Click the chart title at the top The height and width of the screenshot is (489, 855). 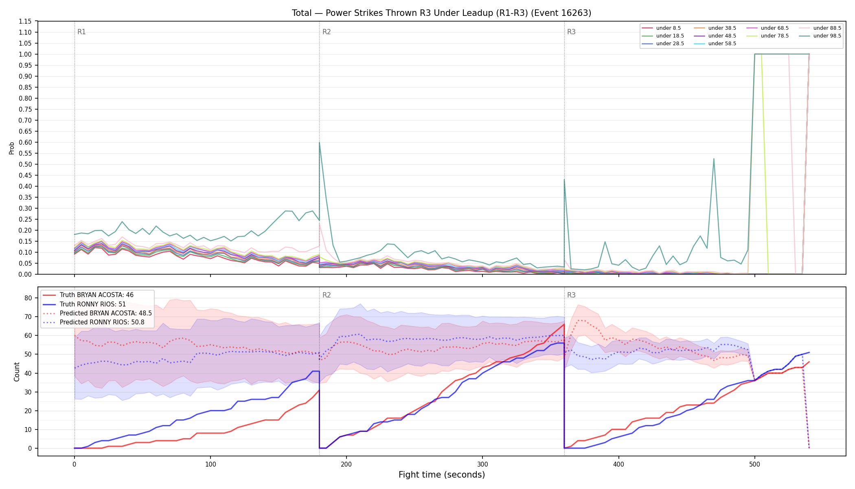coord(441,13)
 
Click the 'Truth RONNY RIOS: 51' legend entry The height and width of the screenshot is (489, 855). coord(93,304)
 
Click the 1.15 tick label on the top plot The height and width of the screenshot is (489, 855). coord(25,21)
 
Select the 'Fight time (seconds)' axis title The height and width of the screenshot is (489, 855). coord(442,475)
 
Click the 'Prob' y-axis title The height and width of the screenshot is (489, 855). coord(12,148)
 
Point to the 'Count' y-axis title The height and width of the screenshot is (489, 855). coord(17,372)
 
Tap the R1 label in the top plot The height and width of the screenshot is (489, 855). coord(81,32)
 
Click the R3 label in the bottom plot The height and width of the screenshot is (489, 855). coord(571,295)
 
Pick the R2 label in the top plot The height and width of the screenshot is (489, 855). coord(327,32)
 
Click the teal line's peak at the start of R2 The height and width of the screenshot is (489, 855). coord(320,142)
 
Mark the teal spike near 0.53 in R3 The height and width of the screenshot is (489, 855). coord(714,159)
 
